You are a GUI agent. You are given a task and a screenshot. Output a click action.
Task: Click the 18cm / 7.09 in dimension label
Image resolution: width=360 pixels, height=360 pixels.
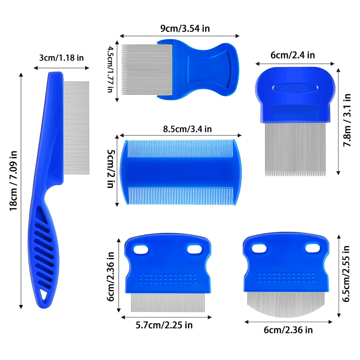point(13,181)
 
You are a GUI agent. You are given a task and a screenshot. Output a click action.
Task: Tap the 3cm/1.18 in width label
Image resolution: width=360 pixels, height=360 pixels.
point(62,58)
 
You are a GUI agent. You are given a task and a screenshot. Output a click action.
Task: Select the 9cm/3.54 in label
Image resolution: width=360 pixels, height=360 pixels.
point(185,28)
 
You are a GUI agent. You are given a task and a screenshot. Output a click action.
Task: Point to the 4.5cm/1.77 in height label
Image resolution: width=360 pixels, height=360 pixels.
point(111,69)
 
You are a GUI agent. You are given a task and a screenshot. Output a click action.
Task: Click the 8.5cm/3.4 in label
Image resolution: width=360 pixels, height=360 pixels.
point(187,129)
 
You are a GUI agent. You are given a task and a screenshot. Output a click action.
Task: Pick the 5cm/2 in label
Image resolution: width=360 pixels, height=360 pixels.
point(111,169)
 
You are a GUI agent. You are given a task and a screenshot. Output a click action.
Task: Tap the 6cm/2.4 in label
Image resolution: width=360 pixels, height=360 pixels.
point(293,55)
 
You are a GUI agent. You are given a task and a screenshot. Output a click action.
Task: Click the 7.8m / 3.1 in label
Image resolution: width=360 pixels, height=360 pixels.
point(347,120)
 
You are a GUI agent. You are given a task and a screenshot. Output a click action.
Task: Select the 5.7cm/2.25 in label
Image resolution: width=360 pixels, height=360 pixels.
point(164,325)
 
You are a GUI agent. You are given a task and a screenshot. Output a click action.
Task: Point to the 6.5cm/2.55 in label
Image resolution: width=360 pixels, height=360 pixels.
point(346,274)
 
